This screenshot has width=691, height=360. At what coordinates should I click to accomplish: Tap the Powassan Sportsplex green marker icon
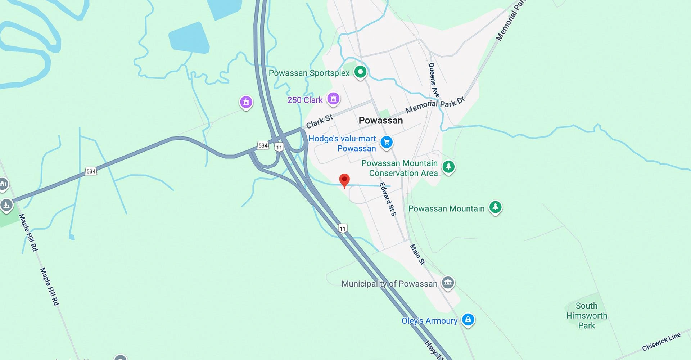(360, 72)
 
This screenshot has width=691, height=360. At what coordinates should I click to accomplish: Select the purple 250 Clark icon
(333, 98)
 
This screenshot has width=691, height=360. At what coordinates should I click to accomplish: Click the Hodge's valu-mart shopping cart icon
(387, 142)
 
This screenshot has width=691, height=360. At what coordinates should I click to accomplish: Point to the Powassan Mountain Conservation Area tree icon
(448, 167)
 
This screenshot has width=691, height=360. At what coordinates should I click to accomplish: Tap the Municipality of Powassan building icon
(448, 283)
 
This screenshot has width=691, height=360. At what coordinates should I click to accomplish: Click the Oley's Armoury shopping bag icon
(468, 319)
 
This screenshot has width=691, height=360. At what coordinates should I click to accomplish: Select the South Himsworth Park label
(586, 316)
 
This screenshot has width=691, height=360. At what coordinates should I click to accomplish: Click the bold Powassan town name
(380, 121)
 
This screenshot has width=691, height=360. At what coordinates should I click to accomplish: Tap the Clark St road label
(319, 121)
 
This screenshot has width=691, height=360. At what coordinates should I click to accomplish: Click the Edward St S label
(388, 199)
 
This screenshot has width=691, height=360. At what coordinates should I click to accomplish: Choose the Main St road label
(417, 254)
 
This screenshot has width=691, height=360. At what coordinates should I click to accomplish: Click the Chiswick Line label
(661, 342)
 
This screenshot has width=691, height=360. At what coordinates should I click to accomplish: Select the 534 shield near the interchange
(263, 145)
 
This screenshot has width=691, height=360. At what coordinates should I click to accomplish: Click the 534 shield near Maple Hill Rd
(91, 171)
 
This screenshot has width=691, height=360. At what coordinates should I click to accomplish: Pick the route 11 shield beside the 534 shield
(279, 147)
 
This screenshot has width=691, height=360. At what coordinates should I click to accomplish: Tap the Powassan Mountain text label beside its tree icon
(446, 209)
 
